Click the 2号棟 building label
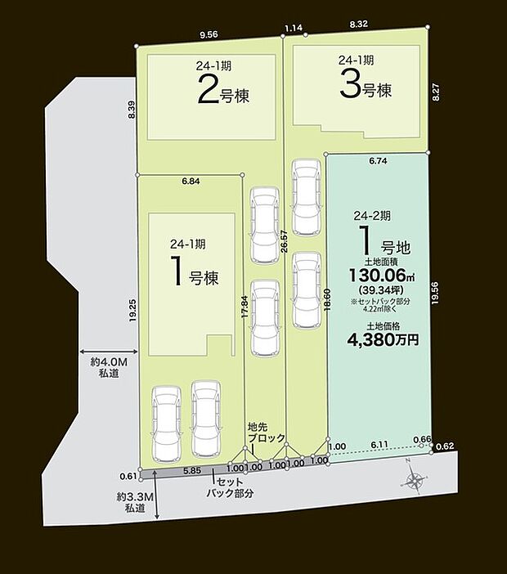coord(223,91)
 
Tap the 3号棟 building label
coord(365,88)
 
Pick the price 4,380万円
coord(383,339)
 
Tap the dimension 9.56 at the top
coord(209,35)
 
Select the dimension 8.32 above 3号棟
coord(357,26)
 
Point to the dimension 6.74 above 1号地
coord(377,162)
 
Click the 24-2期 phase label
coord(372,216)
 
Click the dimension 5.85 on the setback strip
coord(191,470)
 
